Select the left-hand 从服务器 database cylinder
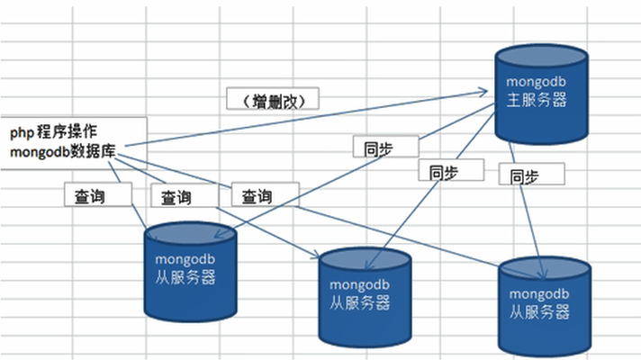tap(192, 270)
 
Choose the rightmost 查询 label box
tap(265, 194)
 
